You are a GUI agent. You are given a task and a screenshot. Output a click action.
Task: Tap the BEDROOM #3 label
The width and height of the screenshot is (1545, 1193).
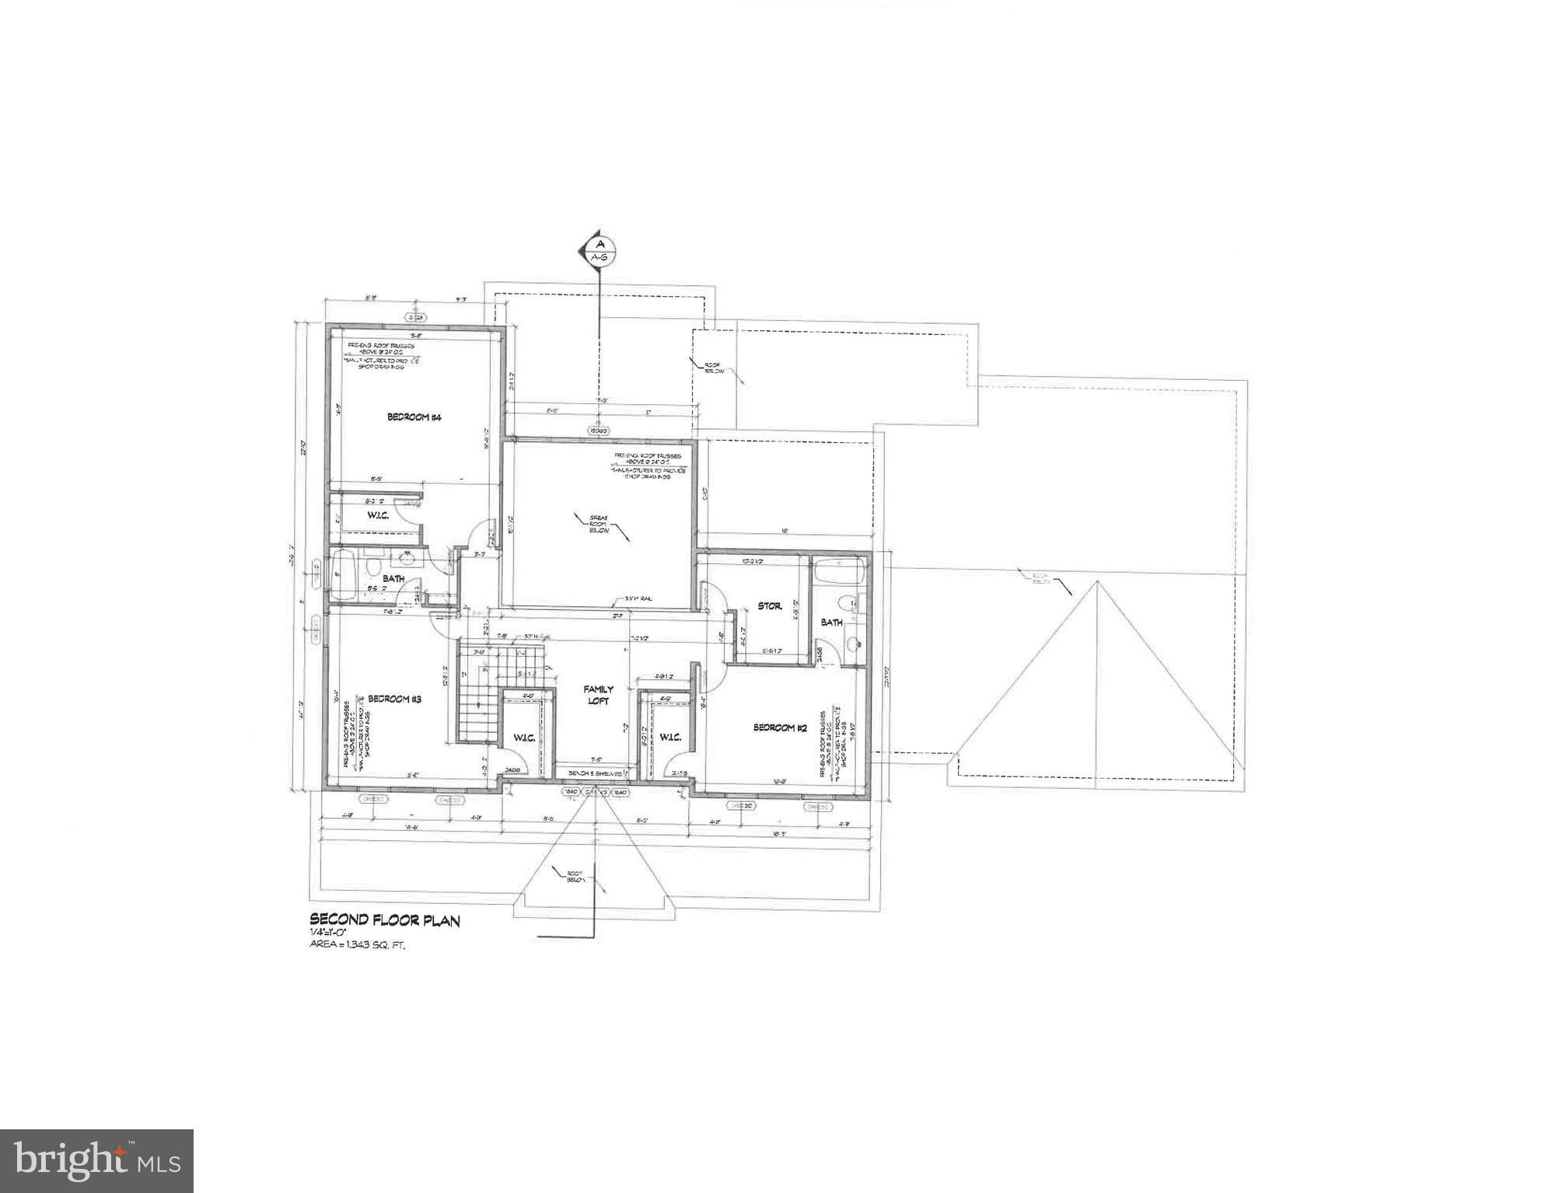[x=394, y=699]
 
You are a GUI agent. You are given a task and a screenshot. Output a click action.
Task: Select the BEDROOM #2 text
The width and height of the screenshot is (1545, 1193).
[x=780, y=727]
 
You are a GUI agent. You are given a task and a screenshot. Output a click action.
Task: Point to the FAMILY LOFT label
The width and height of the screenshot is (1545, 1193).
[x=598, y=695]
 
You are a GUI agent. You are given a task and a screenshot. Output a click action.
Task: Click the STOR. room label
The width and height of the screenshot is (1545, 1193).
[x=769, y=606]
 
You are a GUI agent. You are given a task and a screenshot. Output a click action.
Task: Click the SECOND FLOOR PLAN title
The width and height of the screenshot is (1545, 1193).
[x=385, y=921]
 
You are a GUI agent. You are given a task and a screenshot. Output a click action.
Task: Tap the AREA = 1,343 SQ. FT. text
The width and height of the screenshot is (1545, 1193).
[x=358, y=946]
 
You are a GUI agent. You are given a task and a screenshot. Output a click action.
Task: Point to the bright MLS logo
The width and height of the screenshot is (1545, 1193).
[x=96, y=1160]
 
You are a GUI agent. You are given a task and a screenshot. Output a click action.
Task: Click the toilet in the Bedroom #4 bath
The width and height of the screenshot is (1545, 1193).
[x=372, y=561]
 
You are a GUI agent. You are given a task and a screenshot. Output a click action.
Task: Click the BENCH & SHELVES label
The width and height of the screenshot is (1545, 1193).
[x=595, y=774]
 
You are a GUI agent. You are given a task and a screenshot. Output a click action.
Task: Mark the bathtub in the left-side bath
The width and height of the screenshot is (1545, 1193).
[x=342, y=576]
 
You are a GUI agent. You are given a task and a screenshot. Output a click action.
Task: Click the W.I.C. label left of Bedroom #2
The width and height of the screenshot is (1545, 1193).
[x=669, y=737]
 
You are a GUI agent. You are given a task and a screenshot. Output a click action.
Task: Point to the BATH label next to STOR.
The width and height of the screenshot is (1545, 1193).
[x=831, y=623]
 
